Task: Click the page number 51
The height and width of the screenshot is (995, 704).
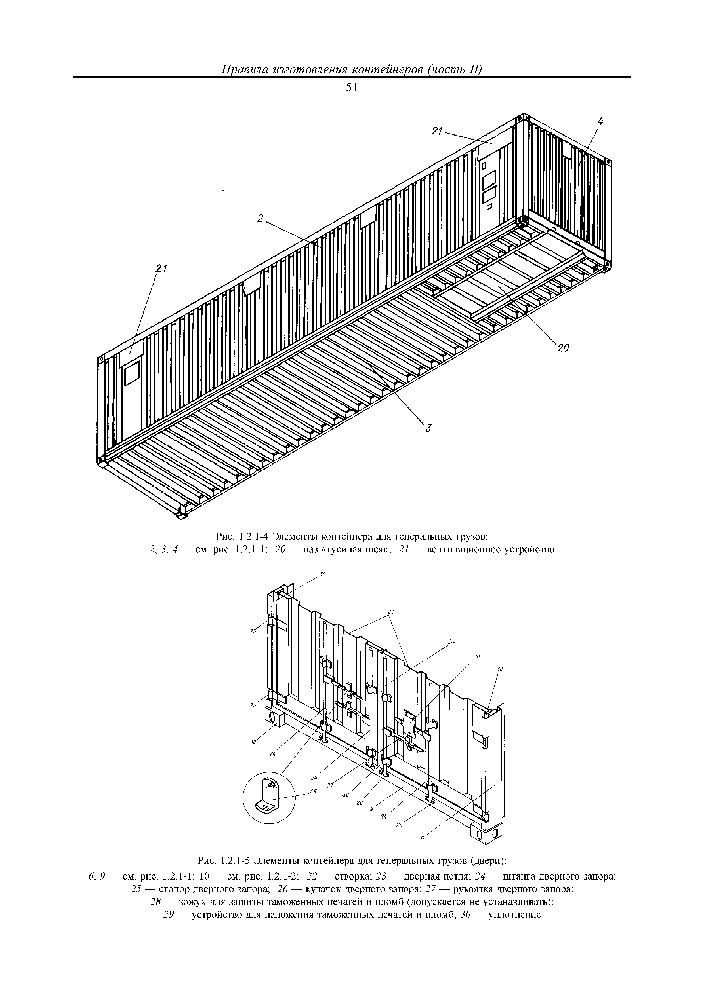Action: click(x=352, y=87)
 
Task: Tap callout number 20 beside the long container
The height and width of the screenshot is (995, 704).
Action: click(x=563, y=348)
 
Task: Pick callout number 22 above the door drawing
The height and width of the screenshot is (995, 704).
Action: click(x=390, y=611)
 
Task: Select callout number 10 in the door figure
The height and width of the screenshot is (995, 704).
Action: click(x=254, y=742)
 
